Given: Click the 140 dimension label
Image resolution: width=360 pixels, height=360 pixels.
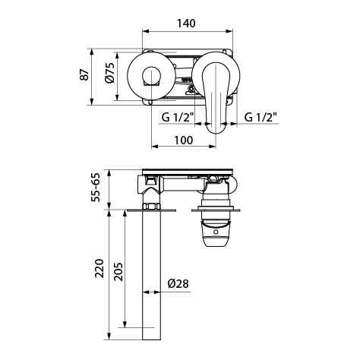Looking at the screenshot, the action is tap(186, 24).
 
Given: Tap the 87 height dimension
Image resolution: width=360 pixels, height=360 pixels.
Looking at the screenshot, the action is tap(84, 74).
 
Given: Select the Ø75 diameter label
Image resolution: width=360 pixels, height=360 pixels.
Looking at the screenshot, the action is tap(109, 73).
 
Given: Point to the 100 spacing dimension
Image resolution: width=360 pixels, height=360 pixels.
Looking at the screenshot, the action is tap(183, 140).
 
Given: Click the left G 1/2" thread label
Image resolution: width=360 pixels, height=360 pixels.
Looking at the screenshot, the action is tap(178, 117).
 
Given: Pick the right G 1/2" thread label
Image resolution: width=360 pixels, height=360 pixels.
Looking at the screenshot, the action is tap(261, 117).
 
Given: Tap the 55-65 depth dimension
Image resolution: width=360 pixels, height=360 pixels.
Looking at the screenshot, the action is tap(96, 188).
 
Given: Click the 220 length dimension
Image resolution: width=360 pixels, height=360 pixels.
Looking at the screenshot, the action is tap(99, 268).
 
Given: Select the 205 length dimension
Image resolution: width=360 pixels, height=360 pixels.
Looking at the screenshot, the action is tap(118, 272).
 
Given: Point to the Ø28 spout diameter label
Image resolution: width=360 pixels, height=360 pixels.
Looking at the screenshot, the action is tap(178, 283).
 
